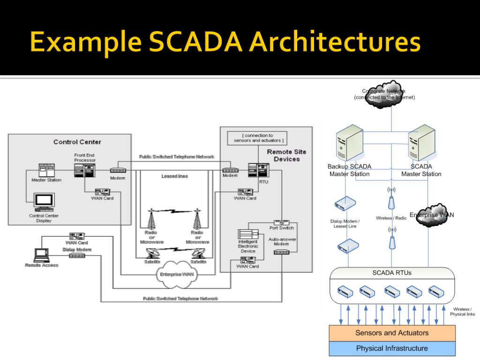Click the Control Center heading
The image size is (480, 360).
point(77,142)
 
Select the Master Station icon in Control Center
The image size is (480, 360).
point(46,170)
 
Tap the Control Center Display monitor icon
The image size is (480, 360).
point(44,202)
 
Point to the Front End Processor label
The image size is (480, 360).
point(85,157)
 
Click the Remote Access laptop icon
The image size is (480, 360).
point(41,255)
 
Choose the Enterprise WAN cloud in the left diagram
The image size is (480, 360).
point(176,274)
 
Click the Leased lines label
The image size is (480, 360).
point(175,176)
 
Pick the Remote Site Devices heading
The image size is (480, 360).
point(286,155)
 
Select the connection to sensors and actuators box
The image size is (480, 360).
point(256,138)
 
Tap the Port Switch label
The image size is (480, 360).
point(282,228)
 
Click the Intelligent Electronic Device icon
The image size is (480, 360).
point(248,234)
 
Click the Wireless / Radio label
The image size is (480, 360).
point(391,218)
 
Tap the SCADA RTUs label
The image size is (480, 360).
point(392,273)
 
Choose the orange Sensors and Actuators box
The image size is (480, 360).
point(392,333)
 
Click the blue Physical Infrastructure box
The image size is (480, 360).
point(392,348)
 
